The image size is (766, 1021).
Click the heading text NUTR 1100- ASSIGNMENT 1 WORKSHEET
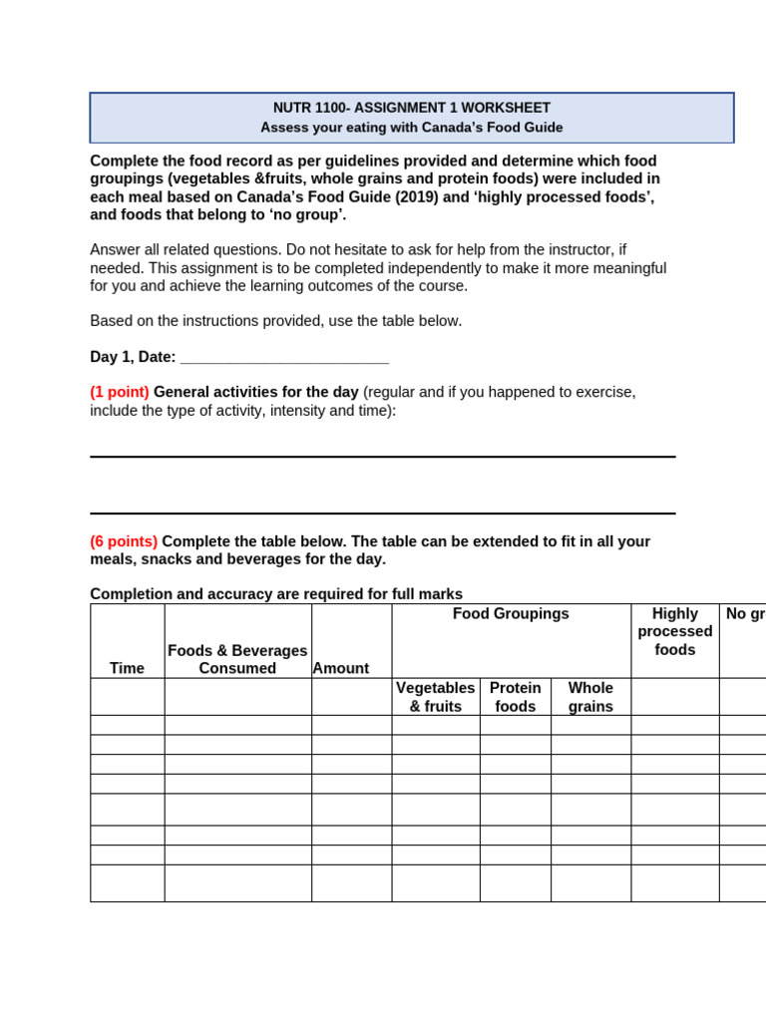click(x=411, y=108)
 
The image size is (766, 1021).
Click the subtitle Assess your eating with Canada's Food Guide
click(x=411, y=128)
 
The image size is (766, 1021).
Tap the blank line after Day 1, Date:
click(x=284, y=358)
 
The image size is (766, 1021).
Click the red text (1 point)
click(x=120, y=393)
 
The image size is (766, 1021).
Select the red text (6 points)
click(x=124, y=541)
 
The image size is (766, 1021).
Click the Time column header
click(x=127, y=668)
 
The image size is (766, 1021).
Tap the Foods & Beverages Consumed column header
click(x=237, y=659)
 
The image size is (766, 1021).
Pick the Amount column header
click(x=341, y=668)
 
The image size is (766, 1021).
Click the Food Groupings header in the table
click(x=511, y=614)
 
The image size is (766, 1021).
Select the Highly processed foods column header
click(x=674, y=631)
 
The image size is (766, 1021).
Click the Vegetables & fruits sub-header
click(x=435, y=697)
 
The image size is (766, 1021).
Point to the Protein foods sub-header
click(x=515, y=697)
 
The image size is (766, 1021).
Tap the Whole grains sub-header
click(x=590, y=697)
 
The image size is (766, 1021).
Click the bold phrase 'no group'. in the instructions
click(x=307, y=215)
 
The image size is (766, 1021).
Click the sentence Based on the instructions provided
click(x=275, y=321)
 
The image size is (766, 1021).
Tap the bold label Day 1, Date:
click(x=133, y=357)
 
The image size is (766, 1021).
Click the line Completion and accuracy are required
click(x=275, y=594)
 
